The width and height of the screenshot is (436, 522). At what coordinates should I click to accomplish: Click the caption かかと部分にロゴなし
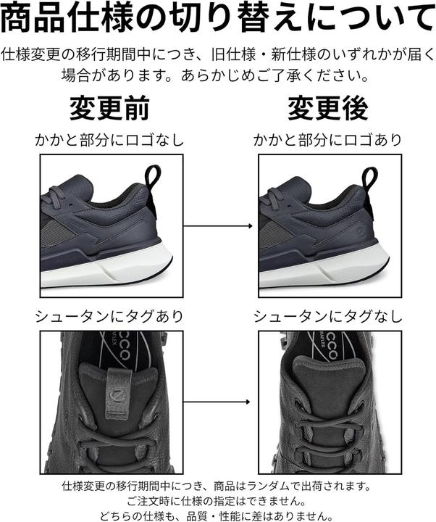(x=109, y=140)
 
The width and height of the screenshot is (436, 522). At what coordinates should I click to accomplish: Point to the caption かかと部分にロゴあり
(x=327, y=140)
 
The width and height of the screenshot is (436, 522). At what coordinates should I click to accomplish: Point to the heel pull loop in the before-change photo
(x=153, y=178)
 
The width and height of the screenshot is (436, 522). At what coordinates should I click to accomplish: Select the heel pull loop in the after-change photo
(x=370, y=178)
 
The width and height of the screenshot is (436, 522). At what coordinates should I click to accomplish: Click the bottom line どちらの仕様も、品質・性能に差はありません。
(x=217, y=513)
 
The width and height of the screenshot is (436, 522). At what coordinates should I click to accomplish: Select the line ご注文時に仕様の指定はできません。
(x=217, y=500)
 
